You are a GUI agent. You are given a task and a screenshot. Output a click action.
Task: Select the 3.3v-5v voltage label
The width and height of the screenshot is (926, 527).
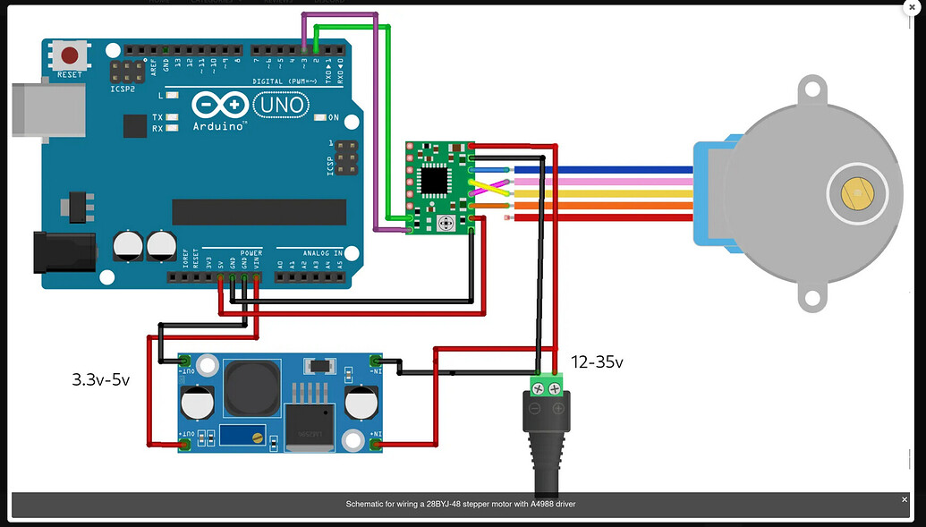point(101,379)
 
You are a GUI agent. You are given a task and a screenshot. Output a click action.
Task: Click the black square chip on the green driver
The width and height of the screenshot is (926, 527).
point(436,182)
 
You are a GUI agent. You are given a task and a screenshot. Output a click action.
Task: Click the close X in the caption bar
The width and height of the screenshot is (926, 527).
point(905,499)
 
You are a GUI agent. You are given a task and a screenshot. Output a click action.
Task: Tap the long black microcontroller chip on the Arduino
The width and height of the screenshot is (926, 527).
point(259,212)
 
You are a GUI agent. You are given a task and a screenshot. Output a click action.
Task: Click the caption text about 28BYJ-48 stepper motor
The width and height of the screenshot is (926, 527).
point(461,505)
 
